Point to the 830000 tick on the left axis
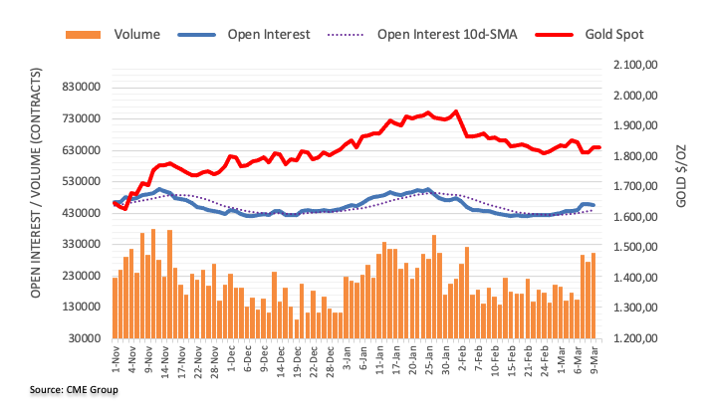[x=82, y=88]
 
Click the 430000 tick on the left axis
[x=82, y=213]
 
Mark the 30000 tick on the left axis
[x=85, y=338]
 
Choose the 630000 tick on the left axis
[x=82, y=150]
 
